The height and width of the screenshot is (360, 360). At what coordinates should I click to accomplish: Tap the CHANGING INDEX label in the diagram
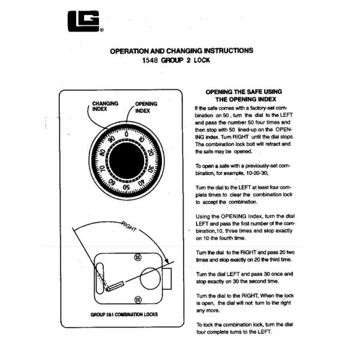pos(104,106)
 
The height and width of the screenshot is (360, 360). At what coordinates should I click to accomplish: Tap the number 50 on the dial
pos(126,187)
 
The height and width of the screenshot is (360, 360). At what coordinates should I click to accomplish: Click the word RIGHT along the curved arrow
pos(130,226)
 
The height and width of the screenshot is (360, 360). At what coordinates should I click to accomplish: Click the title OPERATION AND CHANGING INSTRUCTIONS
pos(181,51)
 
